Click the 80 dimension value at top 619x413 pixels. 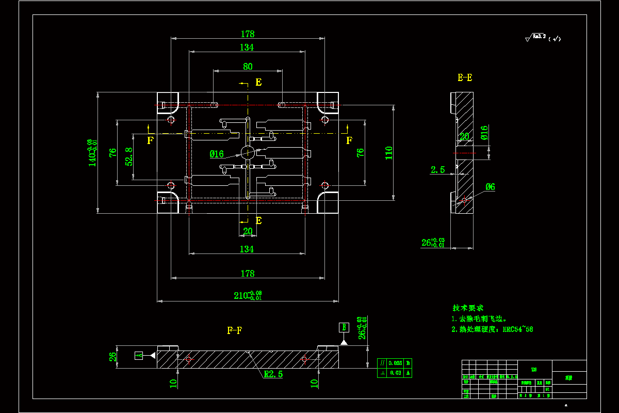coord(248,67)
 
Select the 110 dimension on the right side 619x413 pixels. coord(389,152)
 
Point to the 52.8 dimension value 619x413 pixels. coord(129,156)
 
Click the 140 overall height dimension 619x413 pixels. coord(92,153)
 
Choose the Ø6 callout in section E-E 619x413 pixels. coord(490,187)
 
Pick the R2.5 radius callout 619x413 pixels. coord(273,374)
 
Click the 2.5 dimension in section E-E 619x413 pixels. coord(438,169)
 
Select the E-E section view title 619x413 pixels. coord(465,78)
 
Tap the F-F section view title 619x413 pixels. coord(235,330)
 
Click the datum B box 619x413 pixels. coord(344,327)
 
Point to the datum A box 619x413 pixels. coord(138,355)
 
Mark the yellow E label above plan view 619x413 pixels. coord(258,82)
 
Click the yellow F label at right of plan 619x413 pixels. coord(349,140)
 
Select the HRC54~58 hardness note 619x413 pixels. coord(518,329)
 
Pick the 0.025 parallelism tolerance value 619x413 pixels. coord(395,363)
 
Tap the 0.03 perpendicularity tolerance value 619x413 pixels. coord(395,372)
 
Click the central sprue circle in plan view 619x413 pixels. coord(248,152)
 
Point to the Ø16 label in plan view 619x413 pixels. coord(217,154)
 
